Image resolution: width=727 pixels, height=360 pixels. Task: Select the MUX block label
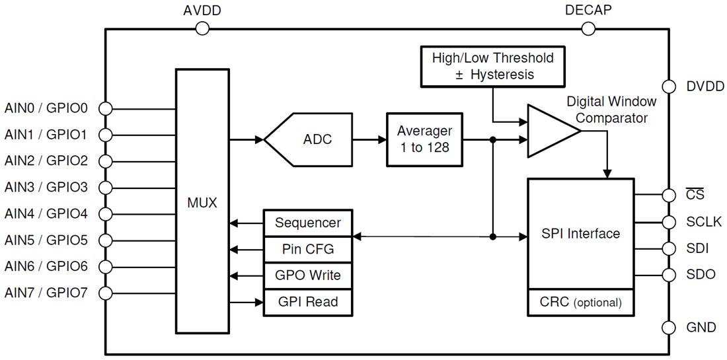pos(202,202)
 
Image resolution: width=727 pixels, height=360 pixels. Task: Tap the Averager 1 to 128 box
pos(423,139)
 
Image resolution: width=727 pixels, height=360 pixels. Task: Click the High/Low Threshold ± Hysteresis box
pos(492,66)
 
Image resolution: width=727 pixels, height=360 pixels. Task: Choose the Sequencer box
pos(307,223)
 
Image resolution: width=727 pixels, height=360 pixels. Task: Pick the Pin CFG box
pos(307,249)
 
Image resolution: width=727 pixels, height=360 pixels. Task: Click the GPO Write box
pos(307,275)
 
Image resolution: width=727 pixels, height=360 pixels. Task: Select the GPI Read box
pos(307,301)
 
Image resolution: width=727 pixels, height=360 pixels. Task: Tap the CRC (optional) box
pos(580,303)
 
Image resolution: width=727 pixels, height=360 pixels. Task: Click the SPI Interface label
pos(580,233)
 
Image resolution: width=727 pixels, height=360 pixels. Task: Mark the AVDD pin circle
pos(202,28)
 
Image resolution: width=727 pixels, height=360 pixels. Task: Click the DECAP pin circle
pos(588,28)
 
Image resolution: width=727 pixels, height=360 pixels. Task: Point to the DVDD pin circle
pos(669,87)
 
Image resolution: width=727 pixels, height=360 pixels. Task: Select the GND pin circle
pos(669,327)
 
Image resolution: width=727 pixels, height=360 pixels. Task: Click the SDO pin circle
pos(669,275)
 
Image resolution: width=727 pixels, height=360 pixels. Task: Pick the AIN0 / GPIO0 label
pos(46,108)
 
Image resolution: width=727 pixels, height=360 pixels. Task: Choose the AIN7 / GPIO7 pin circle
pos(105,292)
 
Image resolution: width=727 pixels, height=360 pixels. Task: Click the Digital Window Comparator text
pos(611,110)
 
